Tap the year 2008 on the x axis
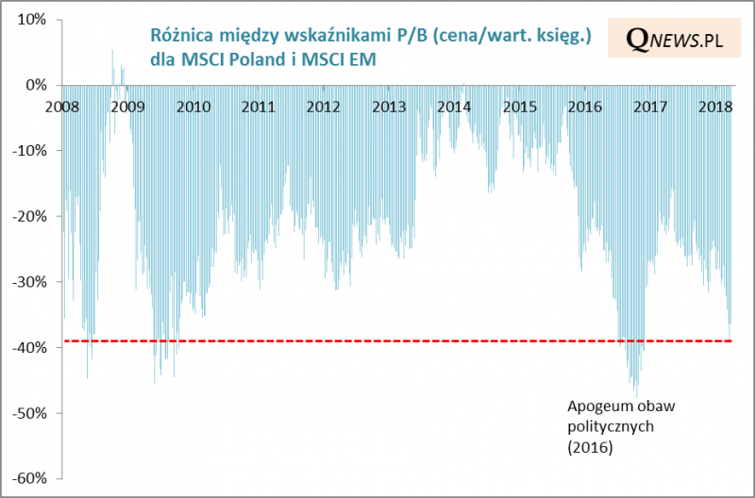(63, 106)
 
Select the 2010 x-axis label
(193, 106)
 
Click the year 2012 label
(324, 106)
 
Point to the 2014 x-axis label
(454, 106)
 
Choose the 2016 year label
(585, 106)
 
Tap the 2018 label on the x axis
(715, 106)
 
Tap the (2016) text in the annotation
(590, 448)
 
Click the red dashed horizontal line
(377, 341)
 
